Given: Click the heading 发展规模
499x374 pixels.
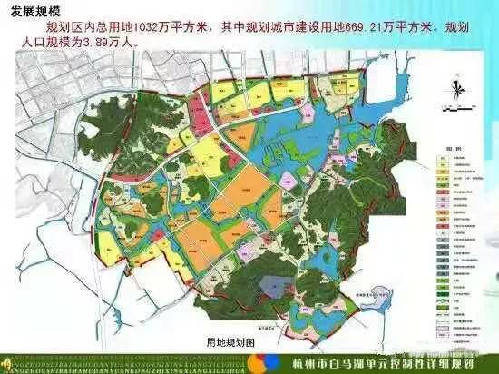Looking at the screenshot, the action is pyautogui.click(x=35, y=11).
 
